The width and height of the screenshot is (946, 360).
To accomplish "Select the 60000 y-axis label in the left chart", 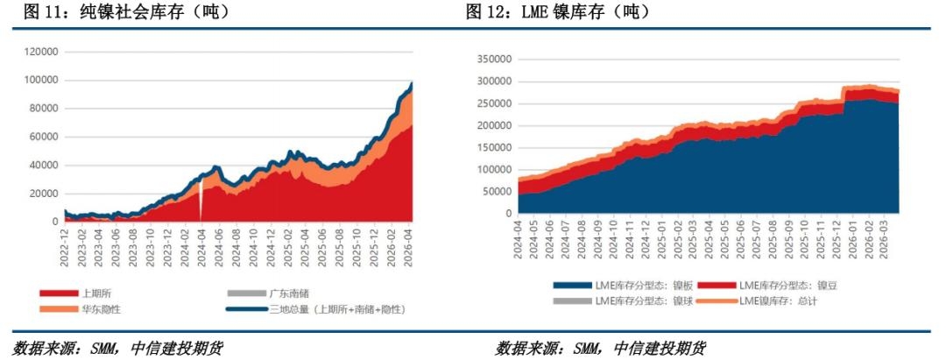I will point(41,137).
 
